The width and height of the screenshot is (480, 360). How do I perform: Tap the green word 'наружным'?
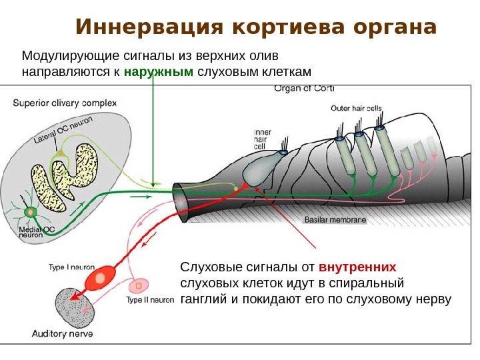(159, 71)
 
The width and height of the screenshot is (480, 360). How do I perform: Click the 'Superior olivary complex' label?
(65, 103)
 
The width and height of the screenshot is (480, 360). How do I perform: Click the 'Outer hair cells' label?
(356, 108)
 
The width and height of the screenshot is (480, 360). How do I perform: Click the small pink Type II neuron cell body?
(138, 285)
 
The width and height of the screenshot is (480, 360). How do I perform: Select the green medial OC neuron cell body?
(30, 212)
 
